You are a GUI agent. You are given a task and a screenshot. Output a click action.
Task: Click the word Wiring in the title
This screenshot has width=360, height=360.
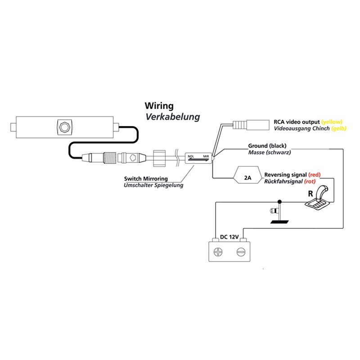[x=159, y=106]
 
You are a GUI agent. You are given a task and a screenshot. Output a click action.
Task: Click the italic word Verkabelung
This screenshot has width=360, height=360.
[x=172, y=117]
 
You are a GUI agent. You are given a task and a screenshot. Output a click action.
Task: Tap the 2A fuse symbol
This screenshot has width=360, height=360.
[x=247, y=177]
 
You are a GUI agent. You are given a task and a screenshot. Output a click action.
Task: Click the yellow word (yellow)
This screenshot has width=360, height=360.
[x=332, y=122]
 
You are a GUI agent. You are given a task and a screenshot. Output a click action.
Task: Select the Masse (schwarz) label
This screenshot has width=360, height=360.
[x=269, y=153]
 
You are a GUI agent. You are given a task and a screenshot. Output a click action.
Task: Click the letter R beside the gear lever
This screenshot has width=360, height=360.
[x=310, y=194]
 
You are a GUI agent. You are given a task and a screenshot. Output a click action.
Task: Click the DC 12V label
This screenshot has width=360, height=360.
[x=229, y=236]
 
